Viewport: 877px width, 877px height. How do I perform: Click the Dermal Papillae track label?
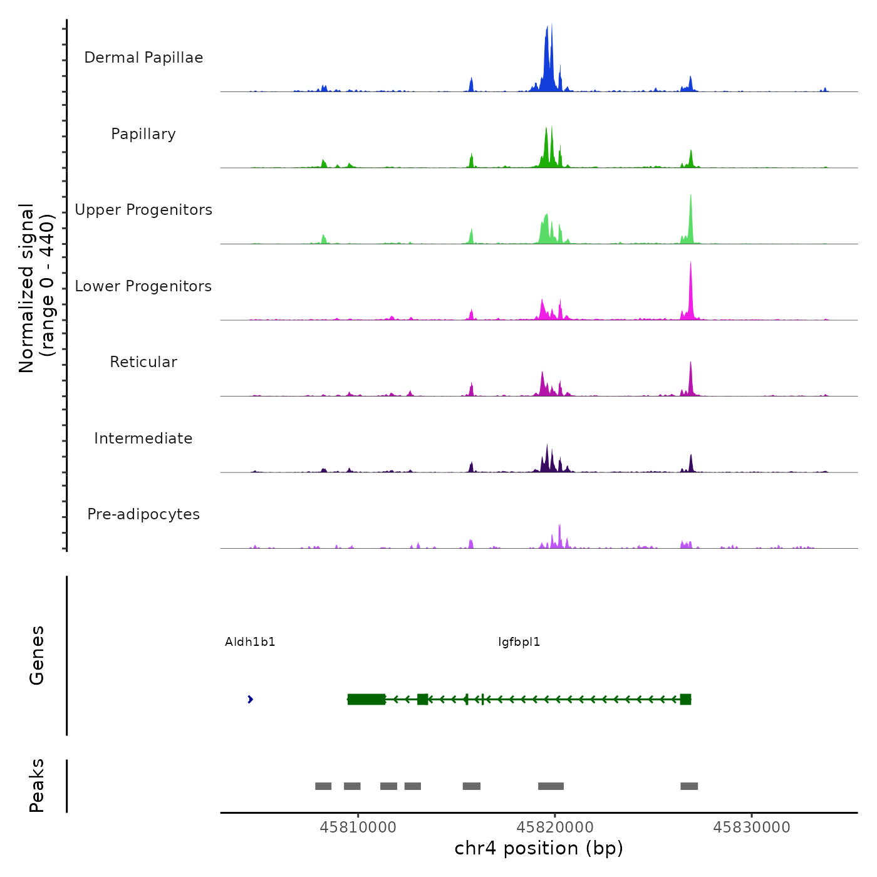click(143, 58)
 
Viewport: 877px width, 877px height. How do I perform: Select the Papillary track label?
click(143, 134)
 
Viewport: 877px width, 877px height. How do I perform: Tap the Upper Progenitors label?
click(143, 210)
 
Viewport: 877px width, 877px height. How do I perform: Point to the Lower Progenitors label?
click(143, 286)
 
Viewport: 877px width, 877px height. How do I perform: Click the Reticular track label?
click(143, 362)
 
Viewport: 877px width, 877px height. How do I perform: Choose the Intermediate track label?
click(143, 438)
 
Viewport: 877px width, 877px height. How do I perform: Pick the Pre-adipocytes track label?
click(143, 514)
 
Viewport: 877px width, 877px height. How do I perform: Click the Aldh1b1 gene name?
click(250, 642)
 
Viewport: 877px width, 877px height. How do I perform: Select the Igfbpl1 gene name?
click(519, 642)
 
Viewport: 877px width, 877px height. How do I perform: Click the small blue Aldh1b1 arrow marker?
click(250, 699)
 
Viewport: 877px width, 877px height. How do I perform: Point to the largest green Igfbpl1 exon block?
click(366, 699)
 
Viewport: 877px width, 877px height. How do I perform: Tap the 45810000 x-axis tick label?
click(358, 828)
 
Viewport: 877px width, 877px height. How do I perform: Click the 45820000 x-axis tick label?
click(555, 828)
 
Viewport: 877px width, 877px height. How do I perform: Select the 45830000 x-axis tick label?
click(752, 828)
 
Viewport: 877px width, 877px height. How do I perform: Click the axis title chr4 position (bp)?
click(539, 848)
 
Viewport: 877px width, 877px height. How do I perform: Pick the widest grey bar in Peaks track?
click(551, 786)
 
